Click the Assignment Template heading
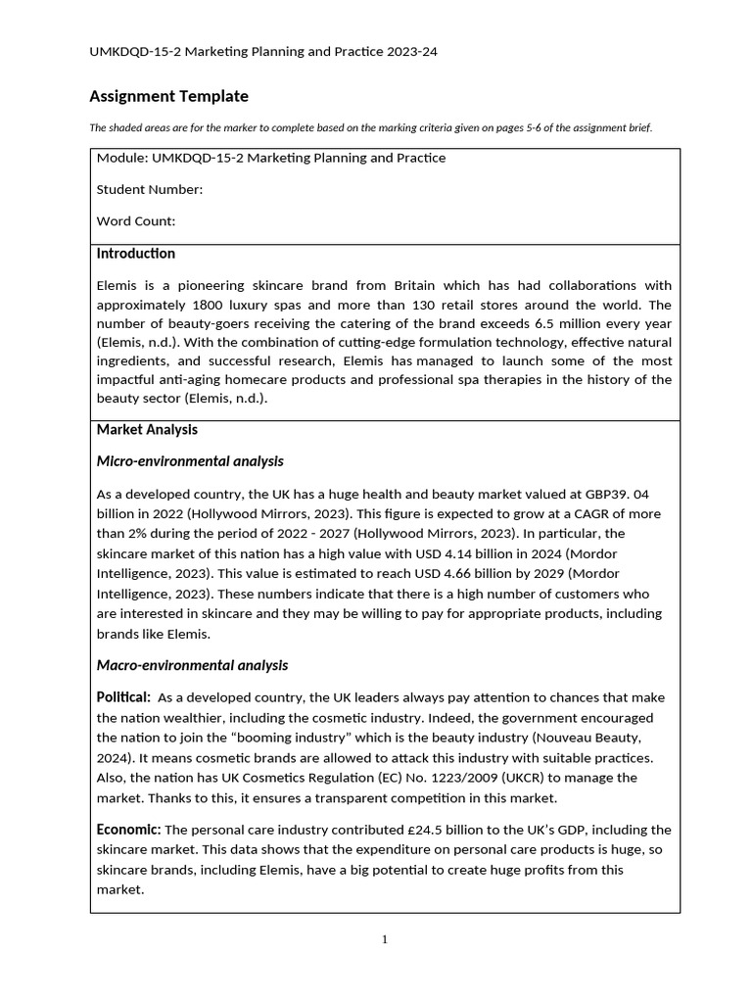(168, 96)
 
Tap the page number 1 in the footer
(385, 940)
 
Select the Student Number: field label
(150, 189)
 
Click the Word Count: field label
(136, 221)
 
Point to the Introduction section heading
(136, 254)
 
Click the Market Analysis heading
(147, 429)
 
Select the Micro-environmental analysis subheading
(190, 461)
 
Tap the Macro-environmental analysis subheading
(192, 665)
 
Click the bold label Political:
(123, 697)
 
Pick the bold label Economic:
(128, 830)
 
